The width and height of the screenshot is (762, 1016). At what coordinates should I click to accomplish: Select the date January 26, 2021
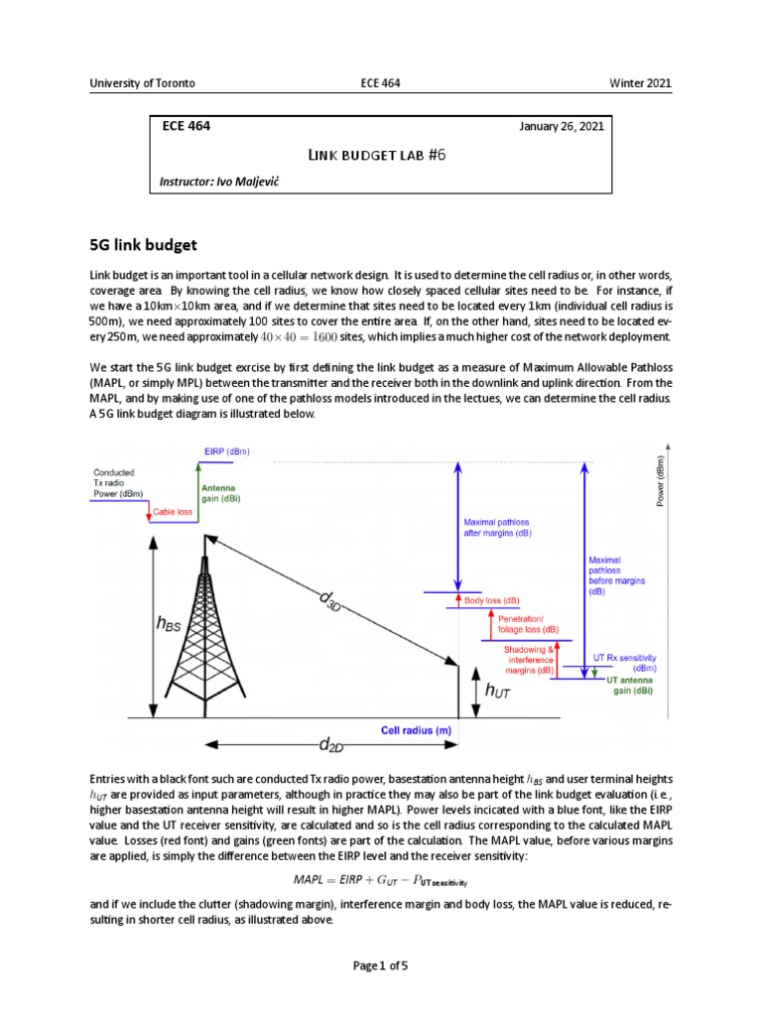(x=561, y=127)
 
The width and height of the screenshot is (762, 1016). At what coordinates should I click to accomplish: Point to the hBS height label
(x=170, y=624)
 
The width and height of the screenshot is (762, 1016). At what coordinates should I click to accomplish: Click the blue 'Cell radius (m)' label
(x=417, y=730)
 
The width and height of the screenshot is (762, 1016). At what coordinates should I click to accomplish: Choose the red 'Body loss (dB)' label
(x=491, y=601)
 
